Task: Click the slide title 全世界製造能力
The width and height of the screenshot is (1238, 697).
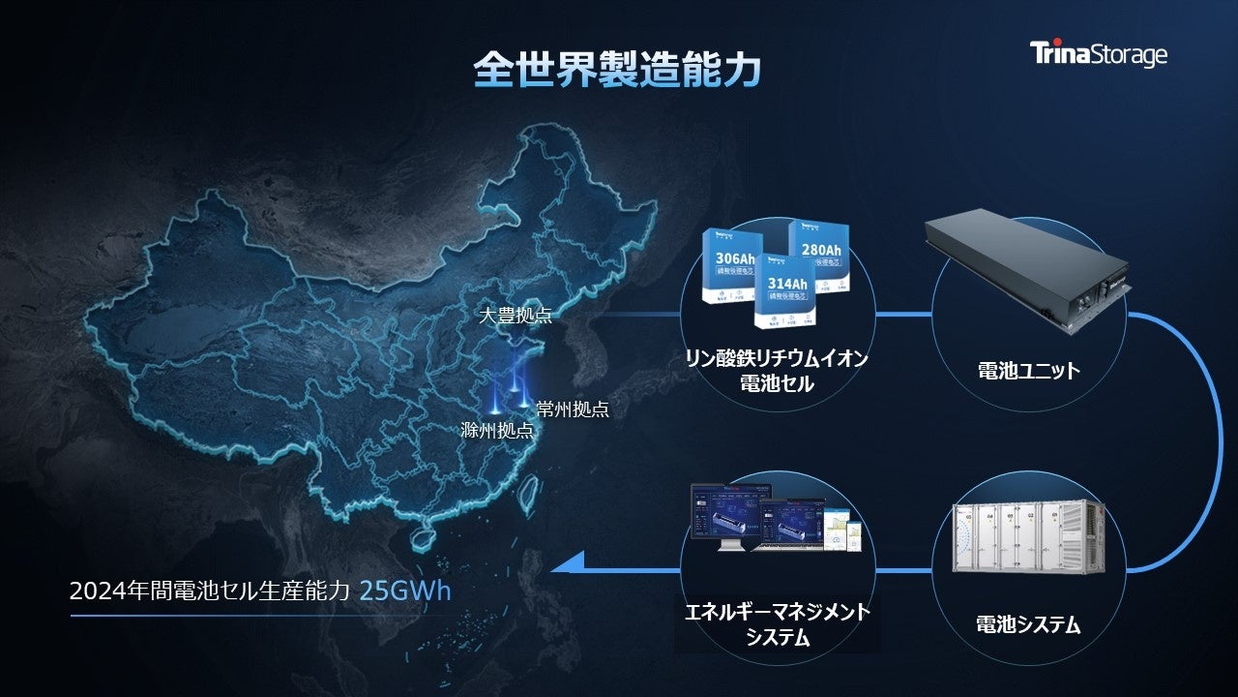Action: pos(617,70)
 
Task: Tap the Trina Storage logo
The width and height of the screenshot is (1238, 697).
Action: pos(1098,53)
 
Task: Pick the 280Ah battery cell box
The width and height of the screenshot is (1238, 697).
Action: pos(820,252)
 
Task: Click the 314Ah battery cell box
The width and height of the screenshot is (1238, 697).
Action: pos(785,289)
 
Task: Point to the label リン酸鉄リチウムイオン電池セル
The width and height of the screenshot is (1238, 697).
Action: pos(777,371)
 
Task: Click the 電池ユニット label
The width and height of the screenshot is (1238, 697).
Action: pos(1028,370)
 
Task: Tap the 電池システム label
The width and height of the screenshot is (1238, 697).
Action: pos(1028,624)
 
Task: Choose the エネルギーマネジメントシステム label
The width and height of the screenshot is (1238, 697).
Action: pos(778,623)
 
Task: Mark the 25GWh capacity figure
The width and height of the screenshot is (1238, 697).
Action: pos(404,591)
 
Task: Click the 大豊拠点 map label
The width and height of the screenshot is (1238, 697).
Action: pos(516,316)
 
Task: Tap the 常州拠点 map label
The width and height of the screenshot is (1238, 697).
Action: pos(573,409)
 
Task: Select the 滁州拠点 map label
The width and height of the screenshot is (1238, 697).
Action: pos(497,431)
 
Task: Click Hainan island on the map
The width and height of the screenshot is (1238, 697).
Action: pos(423,534)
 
